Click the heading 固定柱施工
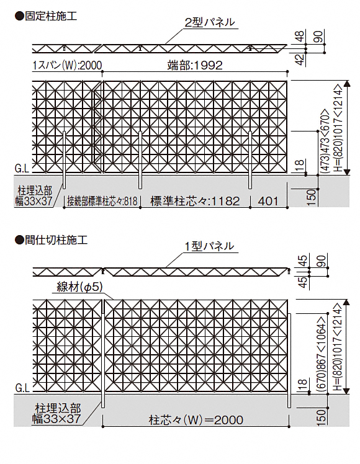tap(46, 16)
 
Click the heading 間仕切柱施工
tap(52, 239)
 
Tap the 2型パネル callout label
tap(210, 22)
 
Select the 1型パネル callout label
tap(209, 246)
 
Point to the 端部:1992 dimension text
tap(195, 65)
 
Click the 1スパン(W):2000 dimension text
tap(67, 65)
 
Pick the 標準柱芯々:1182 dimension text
tap(195, 201)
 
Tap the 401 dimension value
tap(268, 201)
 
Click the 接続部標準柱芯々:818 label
tap(102, 201)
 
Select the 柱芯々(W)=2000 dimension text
tap(196, 420)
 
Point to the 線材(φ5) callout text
tap(79, 287)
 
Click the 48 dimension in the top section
tap(300, 37)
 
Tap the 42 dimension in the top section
tap(300, 60)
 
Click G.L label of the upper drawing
tap(22, 169)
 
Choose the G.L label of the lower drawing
tap(22, 388)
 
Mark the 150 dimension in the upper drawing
tap(312, 198)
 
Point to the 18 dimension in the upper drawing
tap(300, 164)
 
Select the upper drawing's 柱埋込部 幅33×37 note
tap(34, 195)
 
